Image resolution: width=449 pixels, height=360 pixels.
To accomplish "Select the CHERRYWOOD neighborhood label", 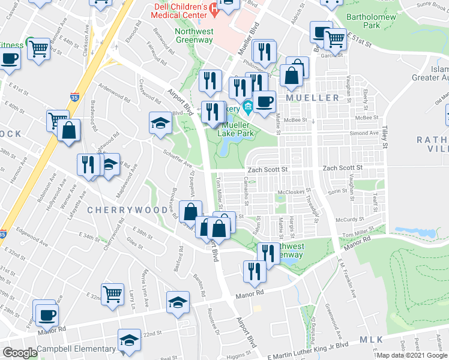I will click(x=127, y=210).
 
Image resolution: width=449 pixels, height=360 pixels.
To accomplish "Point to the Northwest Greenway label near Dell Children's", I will click(x=194, y=35).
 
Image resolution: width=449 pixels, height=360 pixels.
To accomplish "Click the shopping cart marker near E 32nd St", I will click(x=112, y=294).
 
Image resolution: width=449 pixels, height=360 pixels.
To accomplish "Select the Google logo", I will click(x=20, y=353).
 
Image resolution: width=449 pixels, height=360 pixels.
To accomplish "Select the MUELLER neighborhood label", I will click(x=312, y=97).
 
